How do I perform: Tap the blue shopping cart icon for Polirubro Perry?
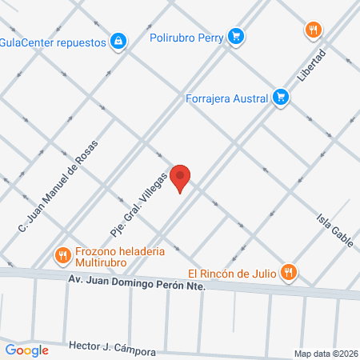235,36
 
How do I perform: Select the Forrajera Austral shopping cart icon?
280,97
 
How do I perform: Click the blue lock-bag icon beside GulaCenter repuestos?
118,41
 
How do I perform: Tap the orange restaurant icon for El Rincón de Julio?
290,273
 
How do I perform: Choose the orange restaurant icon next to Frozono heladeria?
63,256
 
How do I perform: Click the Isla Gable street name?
334,229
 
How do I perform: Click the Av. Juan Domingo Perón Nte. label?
137,283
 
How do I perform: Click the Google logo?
26,350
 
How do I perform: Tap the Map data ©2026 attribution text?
326,354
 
